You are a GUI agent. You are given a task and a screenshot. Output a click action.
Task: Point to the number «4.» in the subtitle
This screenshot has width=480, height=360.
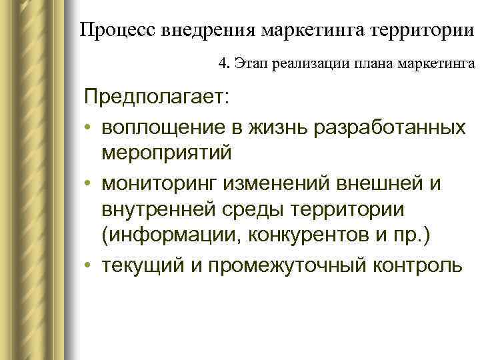tap(224, 65)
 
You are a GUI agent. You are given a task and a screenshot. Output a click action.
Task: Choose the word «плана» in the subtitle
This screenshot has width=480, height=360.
tap(361, 65)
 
